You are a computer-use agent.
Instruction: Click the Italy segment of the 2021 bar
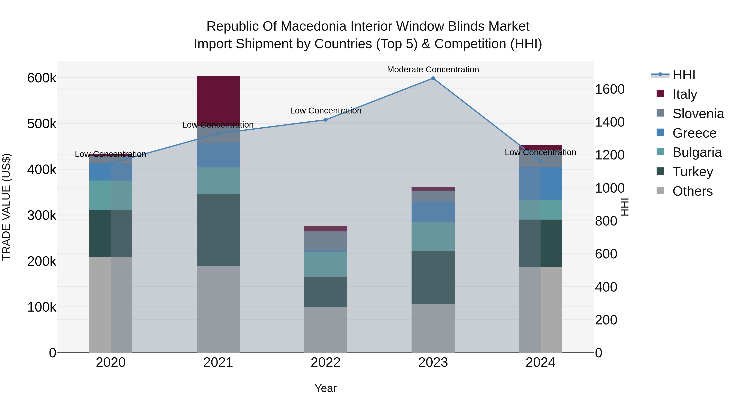point(218,100)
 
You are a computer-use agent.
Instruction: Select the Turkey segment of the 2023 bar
point(433,277)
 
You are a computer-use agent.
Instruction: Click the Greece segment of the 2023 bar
point(433,211)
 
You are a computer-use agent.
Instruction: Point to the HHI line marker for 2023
point(433,78)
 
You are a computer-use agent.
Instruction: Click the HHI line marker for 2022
point(325,120)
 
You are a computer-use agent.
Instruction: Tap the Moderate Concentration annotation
point(433,70)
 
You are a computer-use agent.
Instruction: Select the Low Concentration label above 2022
point(325,111)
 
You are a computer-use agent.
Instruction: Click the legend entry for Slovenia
point(698,114)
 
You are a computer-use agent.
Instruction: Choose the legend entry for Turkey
point(693,172)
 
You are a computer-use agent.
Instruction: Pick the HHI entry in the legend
point(684,75)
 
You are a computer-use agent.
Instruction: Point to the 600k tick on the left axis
point(42,78)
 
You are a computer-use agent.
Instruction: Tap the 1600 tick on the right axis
point(609,89)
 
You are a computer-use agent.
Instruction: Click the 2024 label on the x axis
point(540,362)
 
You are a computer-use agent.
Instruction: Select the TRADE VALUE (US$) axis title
point(6,207)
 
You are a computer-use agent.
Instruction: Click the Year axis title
point(325,388)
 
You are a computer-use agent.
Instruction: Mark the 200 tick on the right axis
point(606,320)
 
